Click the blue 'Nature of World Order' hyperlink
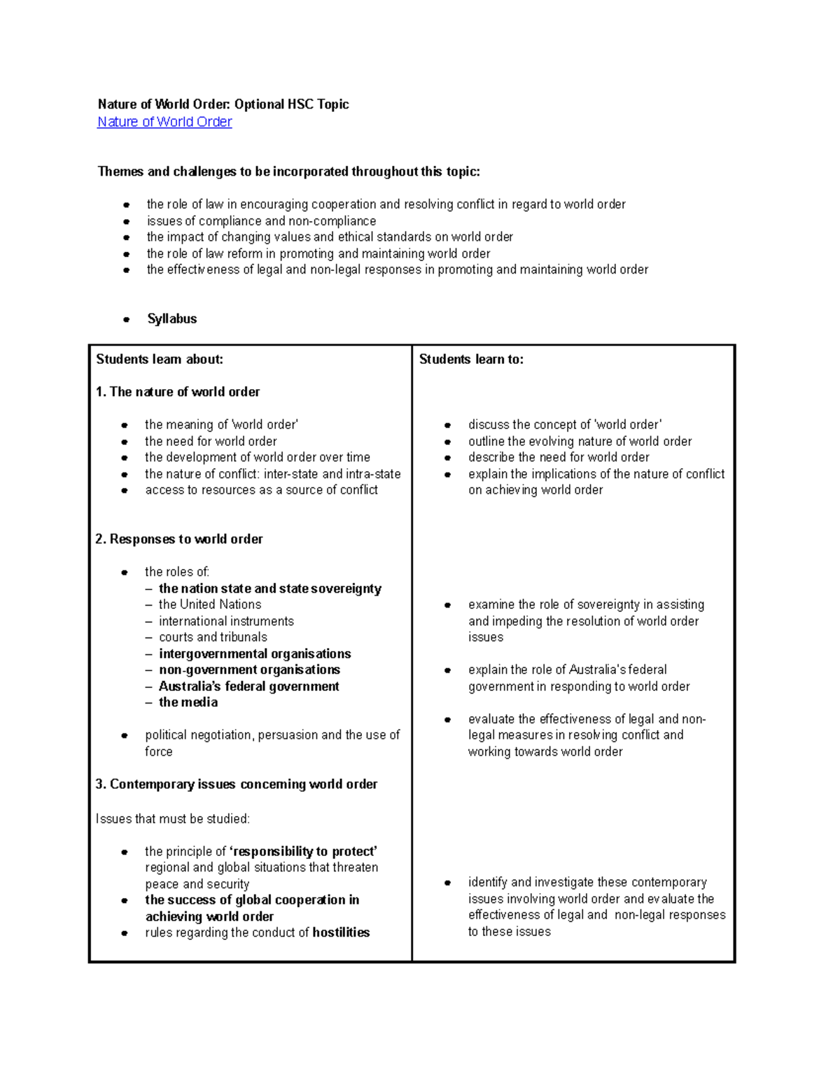pyautogui.click(x=164, y=122)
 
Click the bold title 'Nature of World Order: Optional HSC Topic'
pyautogui.click(x=223, y=104)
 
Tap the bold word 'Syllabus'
pyautogui.click(x=171, y=318)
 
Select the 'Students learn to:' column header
pyautogui.click(x=471, y=359)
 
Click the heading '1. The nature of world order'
pyautogui.click(x=178, y=392)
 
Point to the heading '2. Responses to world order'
pyautogui.click(x=179, y=539)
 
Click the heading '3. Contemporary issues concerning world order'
pyautogui.click(x=237, y=784)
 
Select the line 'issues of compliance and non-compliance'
pyautogui.click(x=261, y=221)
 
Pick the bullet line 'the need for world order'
pyautogui.click(x=211, y=442)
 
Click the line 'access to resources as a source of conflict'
pyautogui.click(x=261, y=490)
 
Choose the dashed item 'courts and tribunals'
pyautogui.click(x=213, y=637)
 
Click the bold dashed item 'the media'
pyautogui.click(x=188, y=702)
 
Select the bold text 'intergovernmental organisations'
pyautogui.click(x=255, y=654)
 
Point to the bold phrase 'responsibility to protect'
pyautogui.click(x=303, y=851)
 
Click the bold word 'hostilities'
pyautogui.click(x=341, y=932)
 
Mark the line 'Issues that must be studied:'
pyautogui.click(x=172, y=819)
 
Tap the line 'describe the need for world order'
pyautogui.click(x=559, y=457)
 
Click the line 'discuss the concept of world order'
pyautogui.click(x=565, y=425)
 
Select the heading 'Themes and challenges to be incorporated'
pyautogui.click(x=289, y=171)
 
